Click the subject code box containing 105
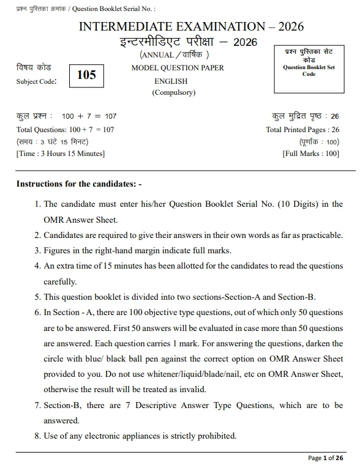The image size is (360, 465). (86, 75)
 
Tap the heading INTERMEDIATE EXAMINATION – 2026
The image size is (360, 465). (191, 27)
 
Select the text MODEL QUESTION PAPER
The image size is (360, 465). (178, 68)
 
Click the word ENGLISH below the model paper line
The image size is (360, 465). (171, 81)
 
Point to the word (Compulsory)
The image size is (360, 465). (173, 93)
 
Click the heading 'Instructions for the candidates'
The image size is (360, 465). (79, 184)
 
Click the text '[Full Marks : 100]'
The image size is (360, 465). (310, 154)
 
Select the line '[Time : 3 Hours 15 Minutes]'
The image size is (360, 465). (61, 154)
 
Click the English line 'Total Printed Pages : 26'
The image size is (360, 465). (302, 130)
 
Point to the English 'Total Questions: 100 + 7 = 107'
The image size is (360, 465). (65, 130)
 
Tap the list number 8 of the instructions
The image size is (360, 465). (37, 436)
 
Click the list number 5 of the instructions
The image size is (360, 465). (37, 297)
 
